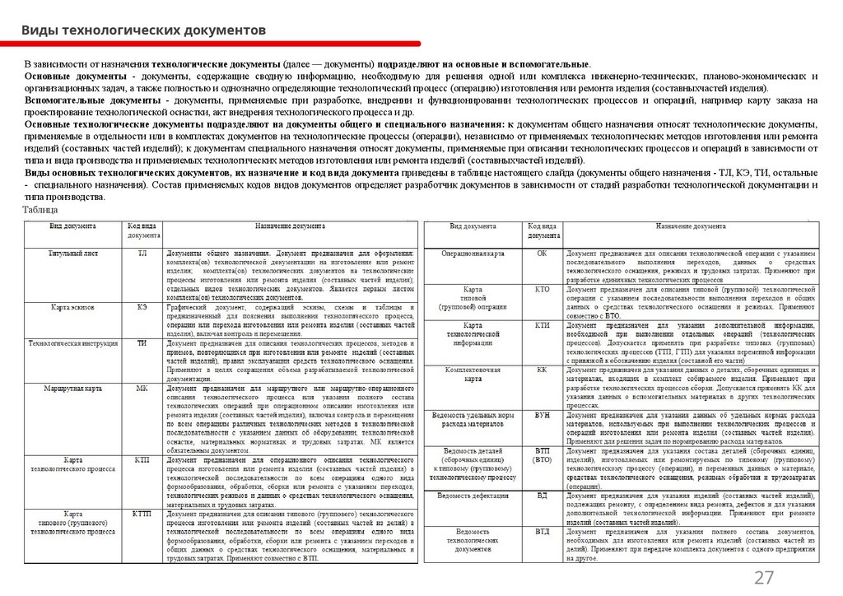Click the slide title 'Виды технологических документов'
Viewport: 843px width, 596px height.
pos(144,30)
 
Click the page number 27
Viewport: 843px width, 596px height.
pos(764,577)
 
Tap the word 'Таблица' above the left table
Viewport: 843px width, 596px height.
pos(40,211)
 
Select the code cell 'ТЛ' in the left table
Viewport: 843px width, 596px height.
pos(142,254)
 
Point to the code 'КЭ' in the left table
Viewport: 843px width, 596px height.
pos(142,307)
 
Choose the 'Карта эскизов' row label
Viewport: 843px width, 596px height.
pos(72,307)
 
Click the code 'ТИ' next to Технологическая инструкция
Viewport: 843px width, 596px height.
pos(142,342)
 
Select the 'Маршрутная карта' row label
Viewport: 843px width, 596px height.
pos(73,387)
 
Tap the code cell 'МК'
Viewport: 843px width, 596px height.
pos(142,387)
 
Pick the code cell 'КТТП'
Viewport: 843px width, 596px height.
pos(142,513)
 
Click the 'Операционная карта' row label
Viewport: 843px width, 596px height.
pos(473,254)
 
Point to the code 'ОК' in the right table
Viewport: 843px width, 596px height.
pos(542,254)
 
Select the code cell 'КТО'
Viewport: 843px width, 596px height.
pos(542,290)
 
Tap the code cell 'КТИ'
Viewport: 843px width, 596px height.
pos(542,326)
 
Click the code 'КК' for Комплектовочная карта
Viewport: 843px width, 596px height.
pos(542,370)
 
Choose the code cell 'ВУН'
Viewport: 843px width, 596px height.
pos(542,416)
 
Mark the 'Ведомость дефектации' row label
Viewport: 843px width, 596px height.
pos(473,496)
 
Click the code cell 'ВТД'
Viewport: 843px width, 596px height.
pos(542,532)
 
